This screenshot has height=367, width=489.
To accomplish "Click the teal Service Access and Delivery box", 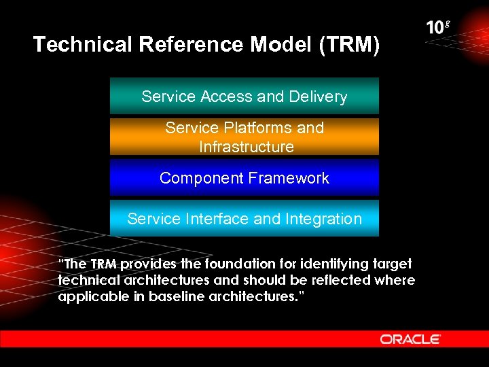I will (x=244, y=96).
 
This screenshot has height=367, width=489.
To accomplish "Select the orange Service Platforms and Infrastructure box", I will (x=244, y=137).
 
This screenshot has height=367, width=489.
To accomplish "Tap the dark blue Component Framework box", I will (x=244, y=178).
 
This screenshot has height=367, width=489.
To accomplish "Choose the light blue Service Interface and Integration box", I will (x=244, y=219).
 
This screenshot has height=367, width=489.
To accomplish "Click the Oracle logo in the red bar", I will (x=410, y=338).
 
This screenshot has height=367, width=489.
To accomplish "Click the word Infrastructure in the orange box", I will (x=246, y=147).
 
